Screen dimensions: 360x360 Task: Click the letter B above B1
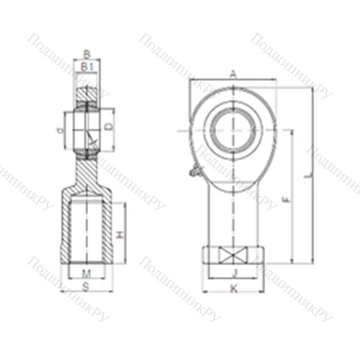[x=87, y=54]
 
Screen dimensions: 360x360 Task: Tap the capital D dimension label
[x=109, y=127]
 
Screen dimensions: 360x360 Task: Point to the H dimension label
[x=120, y=235]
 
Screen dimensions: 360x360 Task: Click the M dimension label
[x=86, y=273]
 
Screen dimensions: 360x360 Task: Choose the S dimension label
[x=86, y=286]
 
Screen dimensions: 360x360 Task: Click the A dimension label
[x=233, y=73]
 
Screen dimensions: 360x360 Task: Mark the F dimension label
[x=286, y=199]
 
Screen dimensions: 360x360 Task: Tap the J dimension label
[x=233, y=272]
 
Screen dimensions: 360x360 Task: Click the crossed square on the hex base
[x=233, y=256]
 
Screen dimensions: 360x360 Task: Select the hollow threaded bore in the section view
[x=87, y=230]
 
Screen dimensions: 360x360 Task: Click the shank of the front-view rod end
[x=233, y=212]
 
